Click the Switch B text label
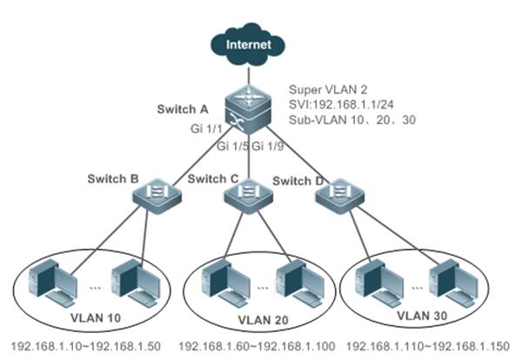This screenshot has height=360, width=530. [x=114, y=179]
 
